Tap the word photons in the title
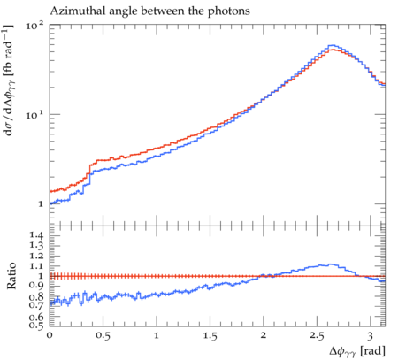click(229, 11)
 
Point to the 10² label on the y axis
click(34, 26)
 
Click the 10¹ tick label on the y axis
click(34, 115)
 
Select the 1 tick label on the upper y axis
click(41, 204)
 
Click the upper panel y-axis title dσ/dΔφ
click(10, 80)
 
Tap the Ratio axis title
click(11, 276)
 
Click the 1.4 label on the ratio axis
click(36, 235)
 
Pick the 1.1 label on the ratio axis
click(36, 266)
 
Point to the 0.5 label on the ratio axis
click(36, 326)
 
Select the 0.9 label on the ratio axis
click(36, 285)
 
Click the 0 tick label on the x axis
click(50, 335)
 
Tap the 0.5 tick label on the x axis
click(103, 335)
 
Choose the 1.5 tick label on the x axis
click(210, 335)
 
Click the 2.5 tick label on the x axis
click(317, 335)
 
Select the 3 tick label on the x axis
click(371, 336)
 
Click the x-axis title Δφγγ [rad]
click(357, 351)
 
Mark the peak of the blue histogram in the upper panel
click(333, 45)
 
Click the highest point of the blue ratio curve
click(331, 264)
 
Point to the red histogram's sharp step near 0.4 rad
click(89, 170)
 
